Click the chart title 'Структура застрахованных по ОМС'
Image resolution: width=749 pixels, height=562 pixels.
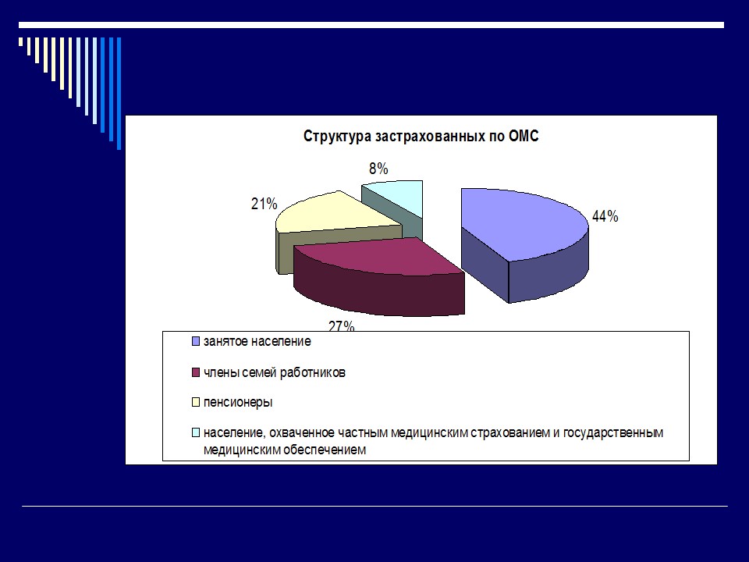421,137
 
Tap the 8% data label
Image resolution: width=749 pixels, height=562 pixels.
378,169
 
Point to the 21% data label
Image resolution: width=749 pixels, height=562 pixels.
264,205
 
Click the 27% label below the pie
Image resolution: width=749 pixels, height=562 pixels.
342,325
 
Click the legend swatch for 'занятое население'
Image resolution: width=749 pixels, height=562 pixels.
195,342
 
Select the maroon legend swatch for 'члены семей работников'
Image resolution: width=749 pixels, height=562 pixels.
195,372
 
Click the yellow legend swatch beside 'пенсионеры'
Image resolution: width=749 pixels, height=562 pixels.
195,403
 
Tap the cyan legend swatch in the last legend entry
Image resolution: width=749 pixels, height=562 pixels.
195,432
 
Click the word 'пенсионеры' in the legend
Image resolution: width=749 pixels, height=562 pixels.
238,403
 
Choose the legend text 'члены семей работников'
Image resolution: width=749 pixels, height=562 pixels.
274,372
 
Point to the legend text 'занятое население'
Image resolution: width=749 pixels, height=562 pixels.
257,342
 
